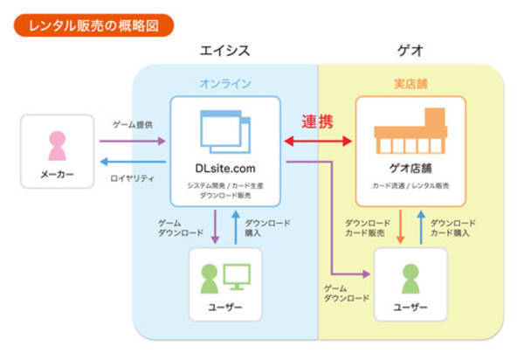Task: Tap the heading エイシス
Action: (224, 52)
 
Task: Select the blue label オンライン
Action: (224, 84)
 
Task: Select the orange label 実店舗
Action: (410, 84)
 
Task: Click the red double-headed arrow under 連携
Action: (318, 140)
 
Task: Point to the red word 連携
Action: (318, 121)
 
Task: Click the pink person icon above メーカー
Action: (58, 145)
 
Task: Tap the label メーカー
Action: (58, 176)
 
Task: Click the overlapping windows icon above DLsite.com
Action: (224, 131)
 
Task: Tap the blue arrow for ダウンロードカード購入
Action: (421, 225)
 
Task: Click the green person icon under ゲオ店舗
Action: (410, 278)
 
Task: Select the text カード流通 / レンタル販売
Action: (410, 186)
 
